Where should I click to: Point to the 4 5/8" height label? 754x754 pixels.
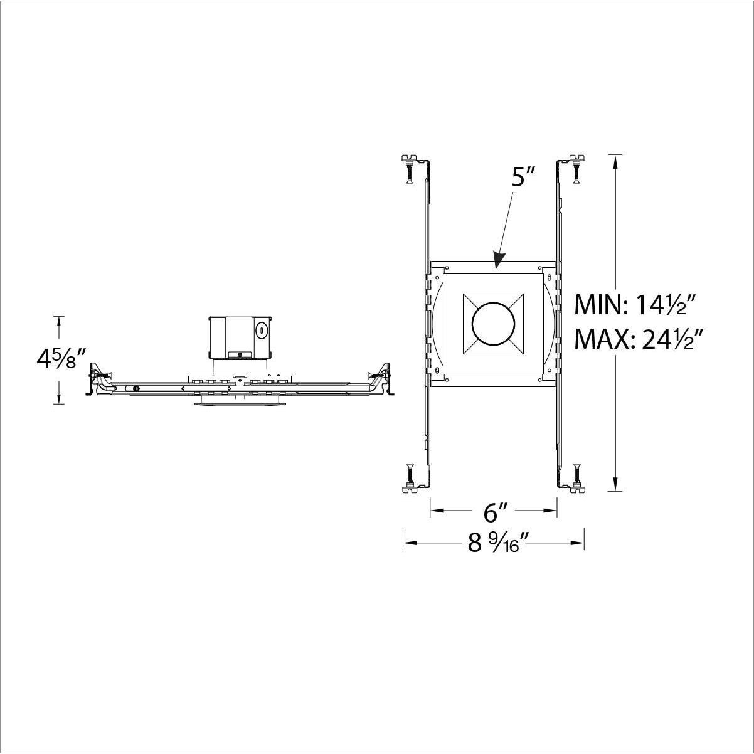pyautogui.click(x=61, y=359)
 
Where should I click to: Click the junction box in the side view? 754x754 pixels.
pyautogui.click(x=240, y=337)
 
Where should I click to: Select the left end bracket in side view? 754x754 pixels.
pyautogui.click(x=97, y=380)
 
